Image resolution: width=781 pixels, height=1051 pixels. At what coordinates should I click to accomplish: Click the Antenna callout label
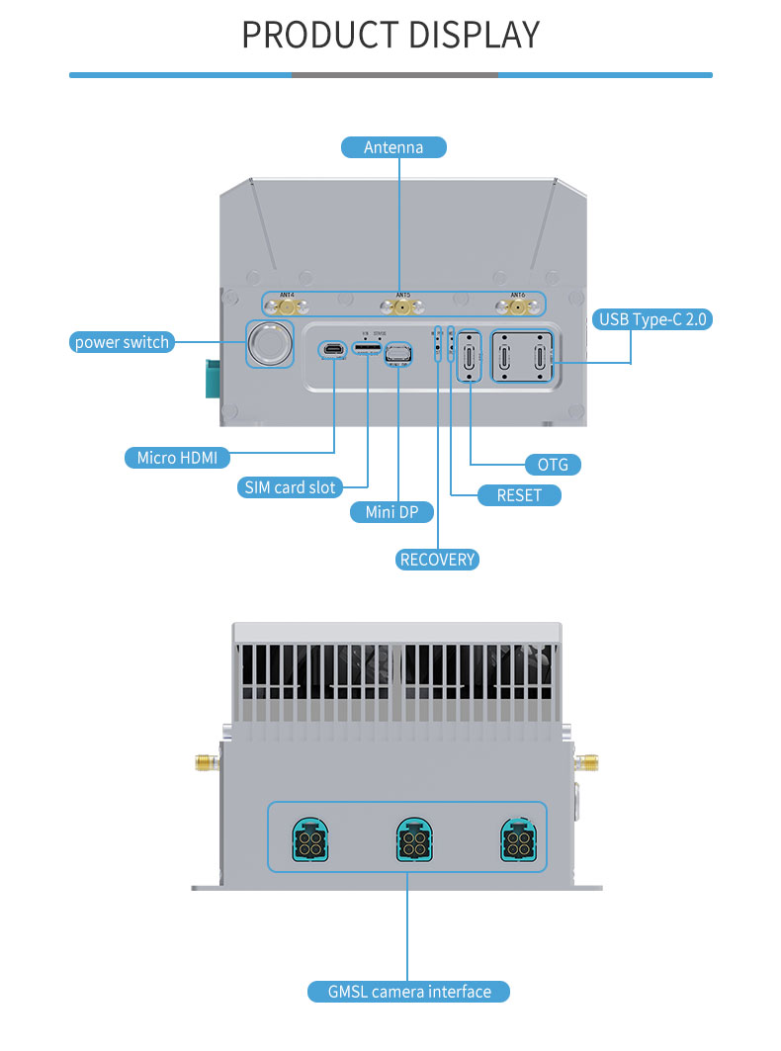[x=393, y=147]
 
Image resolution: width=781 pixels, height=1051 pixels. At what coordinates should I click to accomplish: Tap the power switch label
[x=123, y=342]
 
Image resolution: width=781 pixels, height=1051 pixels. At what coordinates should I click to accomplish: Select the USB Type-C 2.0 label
[x=653, y=319]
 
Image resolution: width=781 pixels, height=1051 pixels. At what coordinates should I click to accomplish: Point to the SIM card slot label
[x=290, y=487]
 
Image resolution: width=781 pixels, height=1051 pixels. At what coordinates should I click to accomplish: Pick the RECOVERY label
[x=438, y=560]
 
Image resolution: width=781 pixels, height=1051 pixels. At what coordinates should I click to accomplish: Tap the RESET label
[x=519, y=495]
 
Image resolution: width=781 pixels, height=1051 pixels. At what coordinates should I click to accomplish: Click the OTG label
[x=553, y=464]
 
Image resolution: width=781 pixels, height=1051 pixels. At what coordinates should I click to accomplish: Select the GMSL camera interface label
[x=408, y=991]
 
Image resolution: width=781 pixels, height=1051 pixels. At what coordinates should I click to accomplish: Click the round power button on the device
[x=269, y=343]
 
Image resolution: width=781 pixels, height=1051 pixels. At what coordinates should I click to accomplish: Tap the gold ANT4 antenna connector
[x=287, y=307]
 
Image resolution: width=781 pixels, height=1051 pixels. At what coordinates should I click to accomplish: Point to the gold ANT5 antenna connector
[x=402, y=307]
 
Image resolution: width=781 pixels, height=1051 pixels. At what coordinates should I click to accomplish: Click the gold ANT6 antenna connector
[x=517, y=307]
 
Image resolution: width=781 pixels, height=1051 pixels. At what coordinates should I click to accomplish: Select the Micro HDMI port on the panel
[x=332, y=349]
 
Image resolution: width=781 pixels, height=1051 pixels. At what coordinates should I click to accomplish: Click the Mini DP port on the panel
[x=397, y=353]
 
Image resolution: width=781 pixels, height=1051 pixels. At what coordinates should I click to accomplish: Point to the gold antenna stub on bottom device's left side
[x=205, y=762]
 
